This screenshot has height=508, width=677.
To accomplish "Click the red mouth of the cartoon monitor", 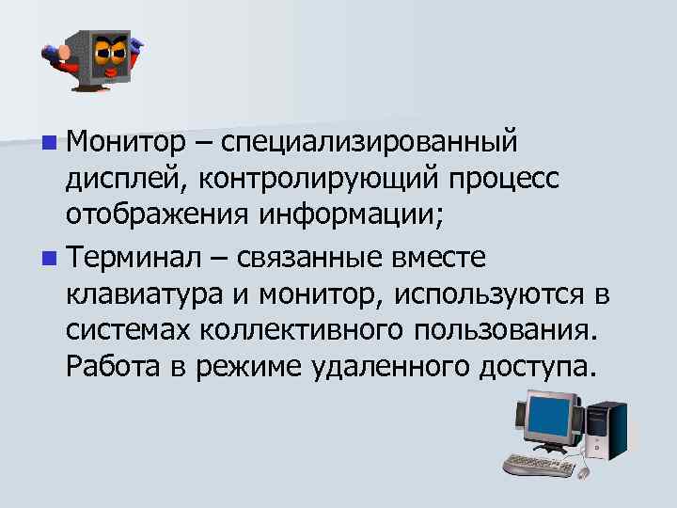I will click(112, 71).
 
